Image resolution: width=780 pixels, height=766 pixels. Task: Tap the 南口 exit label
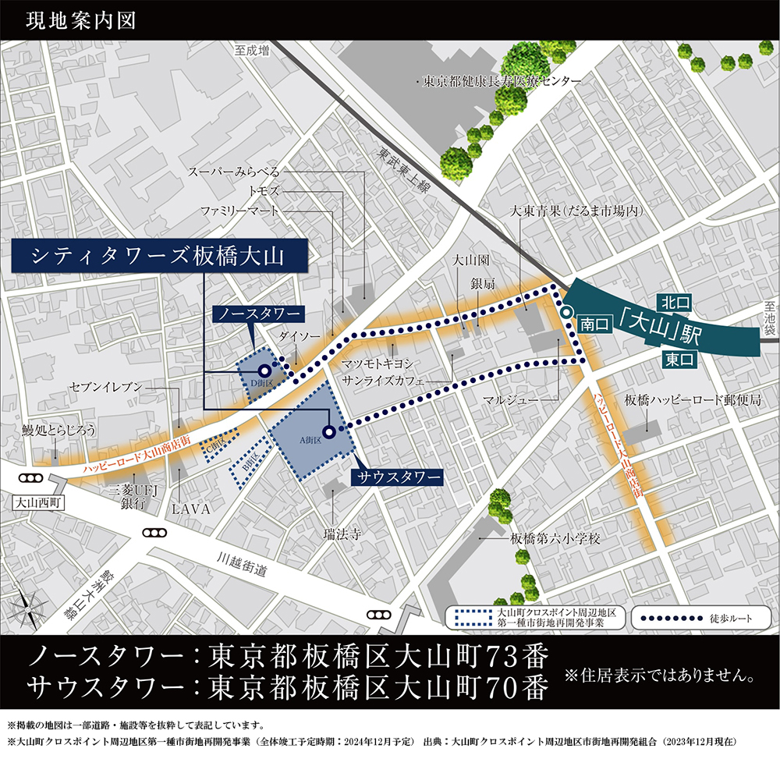pyautogui.click(x=594, y=327)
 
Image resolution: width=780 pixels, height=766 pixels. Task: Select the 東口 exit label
pyautogui.click(x=680, y=359)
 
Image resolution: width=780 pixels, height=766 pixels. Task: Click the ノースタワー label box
pyautogui.click(x=257, y=314)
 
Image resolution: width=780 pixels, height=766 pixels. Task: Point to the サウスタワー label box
pyautogui.click(x=398, y=476)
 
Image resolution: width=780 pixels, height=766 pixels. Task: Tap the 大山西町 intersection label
pyautogui.click(x=37, y=503)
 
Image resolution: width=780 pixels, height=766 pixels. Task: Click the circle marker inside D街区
pyautogui.click(x=264, y=371)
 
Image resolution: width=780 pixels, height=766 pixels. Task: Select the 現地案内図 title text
pyautogui.click(x=81, y=20)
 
